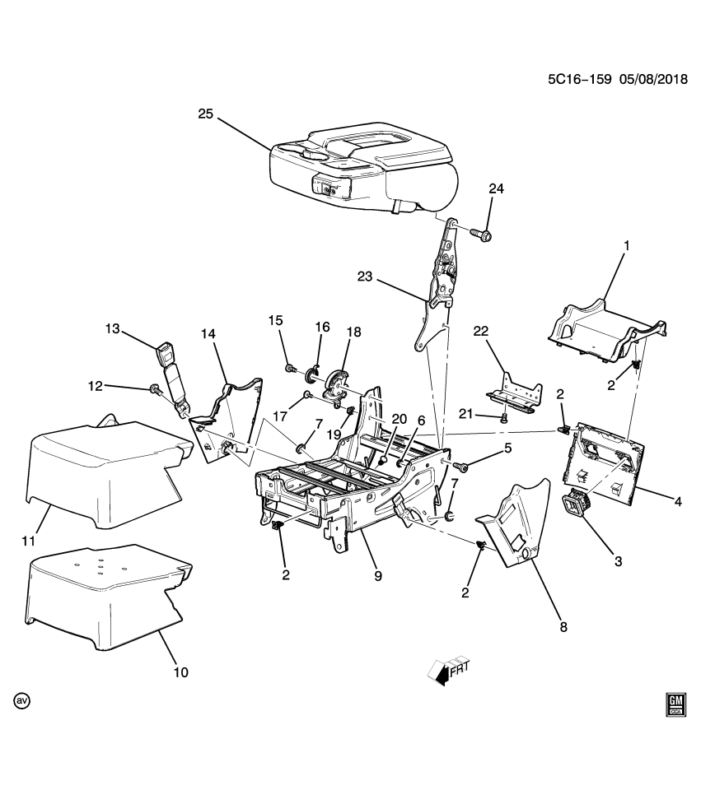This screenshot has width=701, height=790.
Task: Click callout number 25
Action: click(x=205, y=114)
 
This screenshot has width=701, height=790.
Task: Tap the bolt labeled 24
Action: click(x=483, y=235)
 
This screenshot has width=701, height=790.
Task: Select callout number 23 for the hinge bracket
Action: click(x=365, y=278)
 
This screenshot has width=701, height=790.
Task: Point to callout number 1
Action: click(x=626, y=245)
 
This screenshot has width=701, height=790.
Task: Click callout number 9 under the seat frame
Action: click(x=378, y=577)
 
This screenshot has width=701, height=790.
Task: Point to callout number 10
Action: click(x=180, y=671)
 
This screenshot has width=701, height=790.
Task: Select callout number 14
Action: click(x=208, y=332)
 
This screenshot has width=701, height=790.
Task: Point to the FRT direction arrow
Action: click(x=447, y=672)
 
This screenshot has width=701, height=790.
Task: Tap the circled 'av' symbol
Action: click(x=21, y=701)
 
